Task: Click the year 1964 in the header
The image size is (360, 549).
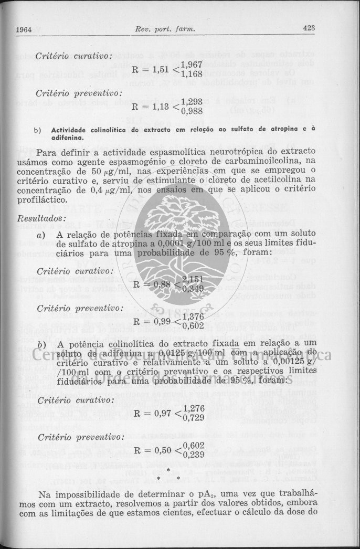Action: click(x=24, y=29)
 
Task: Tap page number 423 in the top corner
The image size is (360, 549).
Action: click(x=309, y=28)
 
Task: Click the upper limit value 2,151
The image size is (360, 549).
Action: click(x=193, y=279)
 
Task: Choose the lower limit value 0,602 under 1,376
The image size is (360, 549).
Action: click(x=193, y=325)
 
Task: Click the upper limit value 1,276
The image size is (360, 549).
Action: click(x=193, y=393)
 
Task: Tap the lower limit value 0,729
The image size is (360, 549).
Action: click(x=193, y=403)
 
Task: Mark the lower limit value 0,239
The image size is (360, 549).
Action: click(x=193, y=455)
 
